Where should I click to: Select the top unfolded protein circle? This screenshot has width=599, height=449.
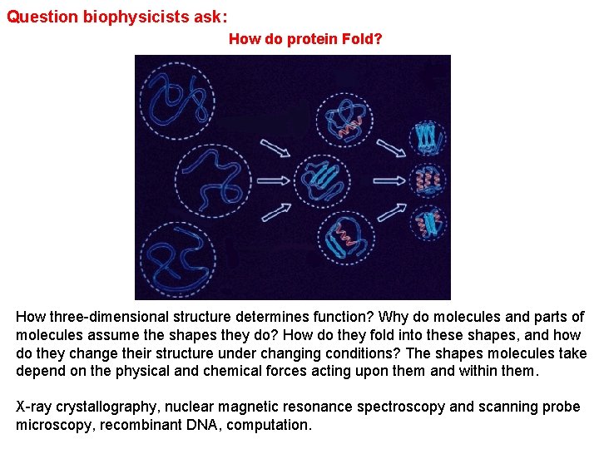[x=176, y=101]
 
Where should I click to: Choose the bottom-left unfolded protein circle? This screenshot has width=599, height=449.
[x=176, y=257]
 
